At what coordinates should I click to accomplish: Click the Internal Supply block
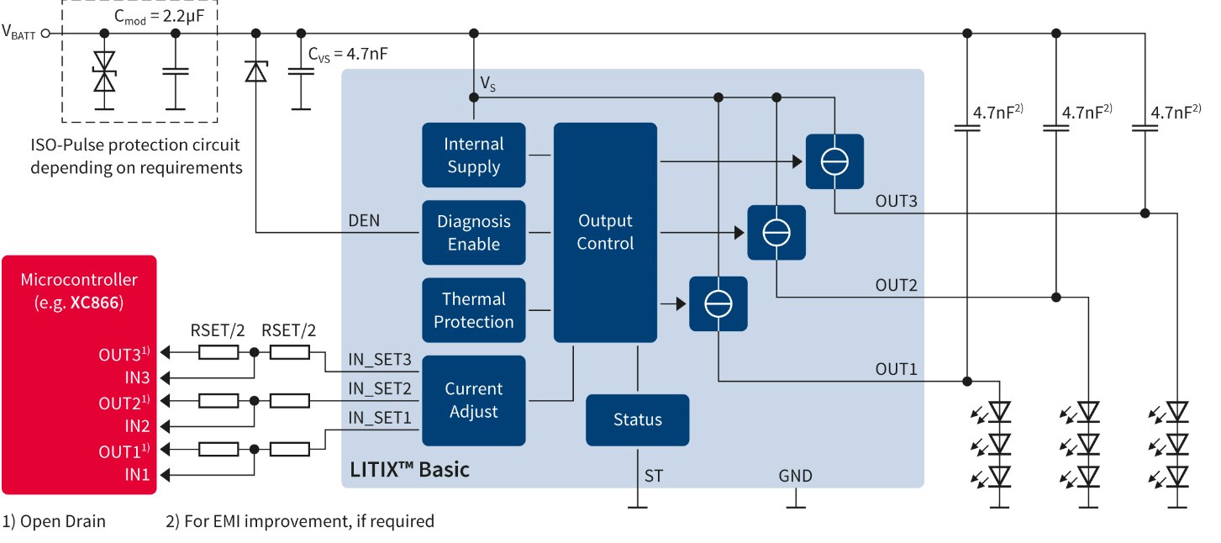(x=474, y=156)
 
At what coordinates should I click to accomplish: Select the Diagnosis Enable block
(x=474, y=233)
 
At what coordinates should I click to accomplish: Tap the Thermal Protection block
(x=474, y=310)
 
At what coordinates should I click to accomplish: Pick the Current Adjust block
(x=474, y=400)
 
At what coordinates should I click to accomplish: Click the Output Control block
(x=605, y=232)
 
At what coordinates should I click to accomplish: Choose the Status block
(x=637, y=419)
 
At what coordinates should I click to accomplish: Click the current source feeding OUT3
(x=834, y=161)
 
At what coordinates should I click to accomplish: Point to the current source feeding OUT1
(x=718, y=303)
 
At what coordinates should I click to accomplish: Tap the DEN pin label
(x=364, y=221)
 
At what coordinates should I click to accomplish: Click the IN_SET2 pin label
(x=380, y=388)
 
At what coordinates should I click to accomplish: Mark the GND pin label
(x=795, y=477)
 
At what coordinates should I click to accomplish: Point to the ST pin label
(x=654, y=477)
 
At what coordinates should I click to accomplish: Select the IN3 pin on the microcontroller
(x=137, y=377)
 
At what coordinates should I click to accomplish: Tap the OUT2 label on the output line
(x=897, y=285)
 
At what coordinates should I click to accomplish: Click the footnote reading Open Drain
(x=54, y=521)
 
